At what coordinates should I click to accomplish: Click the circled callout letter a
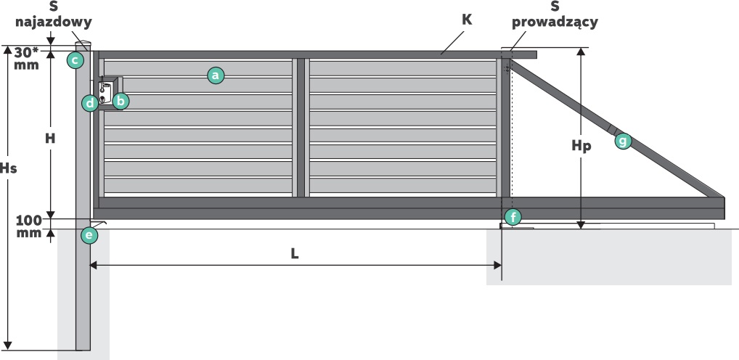(x=216, y=75)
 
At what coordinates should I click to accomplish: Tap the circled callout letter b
(x=121, y=101)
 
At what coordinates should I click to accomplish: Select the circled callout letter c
(x=75, y=60)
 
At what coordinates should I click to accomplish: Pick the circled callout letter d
(x=90, y=103)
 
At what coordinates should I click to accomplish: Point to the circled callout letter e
(x=89, y=235)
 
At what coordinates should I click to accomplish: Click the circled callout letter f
(x=513, y=217)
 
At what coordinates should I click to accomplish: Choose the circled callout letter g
(x=623, y=141)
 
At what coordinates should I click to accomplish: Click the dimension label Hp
(x=581, y=146)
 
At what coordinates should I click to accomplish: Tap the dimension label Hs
(x=9, y=168)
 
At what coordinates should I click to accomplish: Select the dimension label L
(x=295, y=253)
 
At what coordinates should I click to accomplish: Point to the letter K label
(x=468, y=20)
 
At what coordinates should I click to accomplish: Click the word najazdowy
(x=53, y=22)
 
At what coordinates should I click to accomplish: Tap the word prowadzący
(x=555, y=22)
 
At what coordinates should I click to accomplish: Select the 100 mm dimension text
(x=29, y=226)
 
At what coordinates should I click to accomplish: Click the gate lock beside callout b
(x=106, y=93)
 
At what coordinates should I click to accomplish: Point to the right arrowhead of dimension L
(x=498, y=266)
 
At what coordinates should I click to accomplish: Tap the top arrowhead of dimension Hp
(x=581, y=52)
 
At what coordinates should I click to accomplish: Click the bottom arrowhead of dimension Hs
(x=8, y=346)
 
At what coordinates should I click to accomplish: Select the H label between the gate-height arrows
(x=50, y=139)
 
